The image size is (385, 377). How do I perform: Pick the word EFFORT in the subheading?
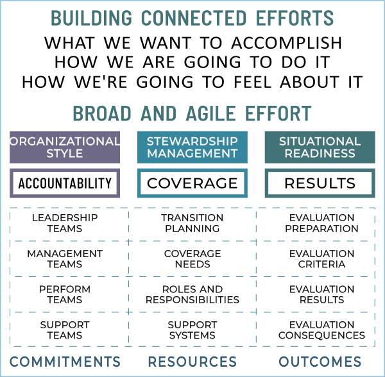[x=278, y=114]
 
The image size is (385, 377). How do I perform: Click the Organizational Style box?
[x=65, y=147]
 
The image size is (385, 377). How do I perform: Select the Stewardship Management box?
[x=192, y=147]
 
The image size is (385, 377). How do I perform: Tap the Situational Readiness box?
[x=320, y=147]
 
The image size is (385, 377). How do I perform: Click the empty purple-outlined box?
[x=65, y=183]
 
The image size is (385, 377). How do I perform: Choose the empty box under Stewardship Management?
[x=192, y=183]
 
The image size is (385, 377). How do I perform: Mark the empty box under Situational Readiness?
[x=320, y=183]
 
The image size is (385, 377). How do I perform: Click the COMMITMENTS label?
[x=65, y=361]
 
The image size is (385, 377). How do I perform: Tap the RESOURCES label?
[x=192, y=361]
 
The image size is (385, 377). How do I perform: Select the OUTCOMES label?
[x=320, y=361]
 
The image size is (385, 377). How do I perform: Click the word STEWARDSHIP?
[x=192, y=141]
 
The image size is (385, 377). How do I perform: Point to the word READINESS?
[x=320, y=153]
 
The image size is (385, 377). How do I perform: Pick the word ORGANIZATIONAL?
[x=65, y=141]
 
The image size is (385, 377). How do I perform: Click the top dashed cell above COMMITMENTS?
[x=69, y=224]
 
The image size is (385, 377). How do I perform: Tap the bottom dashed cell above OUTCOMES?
[x=316, y=329]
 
